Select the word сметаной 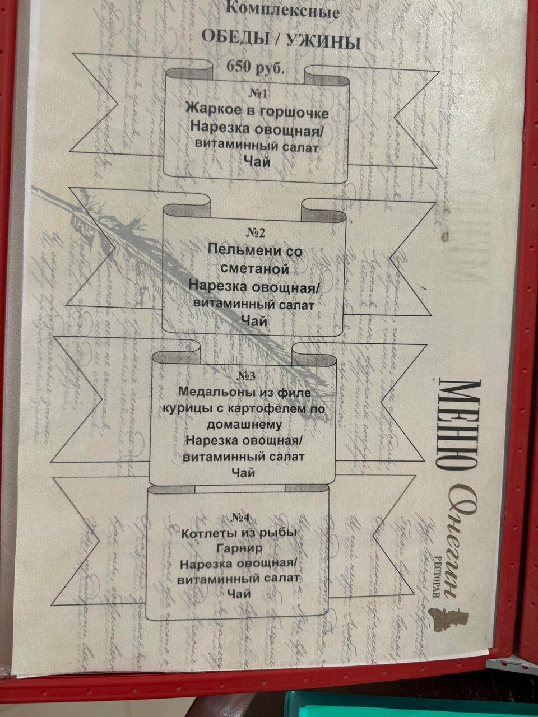tap(254, 269)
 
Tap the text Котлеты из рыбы tap(238, 532)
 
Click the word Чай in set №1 tap(257, 162)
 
